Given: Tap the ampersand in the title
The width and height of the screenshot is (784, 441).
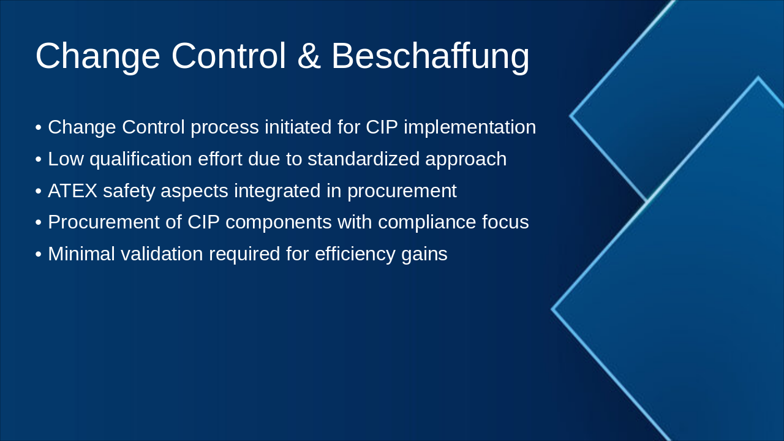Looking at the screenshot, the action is coord(309,56).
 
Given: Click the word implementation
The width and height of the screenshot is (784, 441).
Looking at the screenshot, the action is coord(470,127).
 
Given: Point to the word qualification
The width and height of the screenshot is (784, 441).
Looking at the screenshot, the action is coord(141,159).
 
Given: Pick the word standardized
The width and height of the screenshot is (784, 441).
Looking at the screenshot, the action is coord(363,159).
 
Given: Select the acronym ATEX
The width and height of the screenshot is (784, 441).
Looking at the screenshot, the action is coord(72,190).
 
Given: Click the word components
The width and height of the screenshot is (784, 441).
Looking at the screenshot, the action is coord(278,223).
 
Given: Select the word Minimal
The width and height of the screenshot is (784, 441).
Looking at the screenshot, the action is coord(81,254).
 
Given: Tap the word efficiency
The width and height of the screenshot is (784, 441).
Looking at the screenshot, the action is coord(355,254).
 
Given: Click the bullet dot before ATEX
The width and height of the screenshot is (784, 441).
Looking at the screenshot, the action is coord(39,192).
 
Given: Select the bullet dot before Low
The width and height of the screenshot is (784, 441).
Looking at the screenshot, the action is coord(39,160).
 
